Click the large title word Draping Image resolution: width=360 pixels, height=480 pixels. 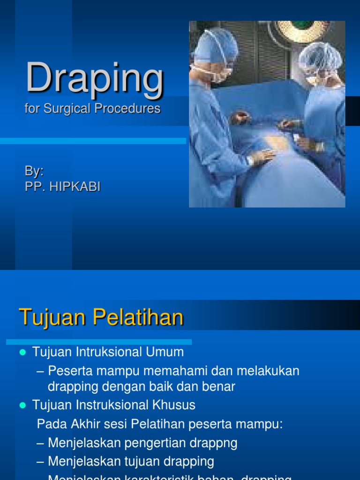point(95,78)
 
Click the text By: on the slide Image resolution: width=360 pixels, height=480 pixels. point(34,171)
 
